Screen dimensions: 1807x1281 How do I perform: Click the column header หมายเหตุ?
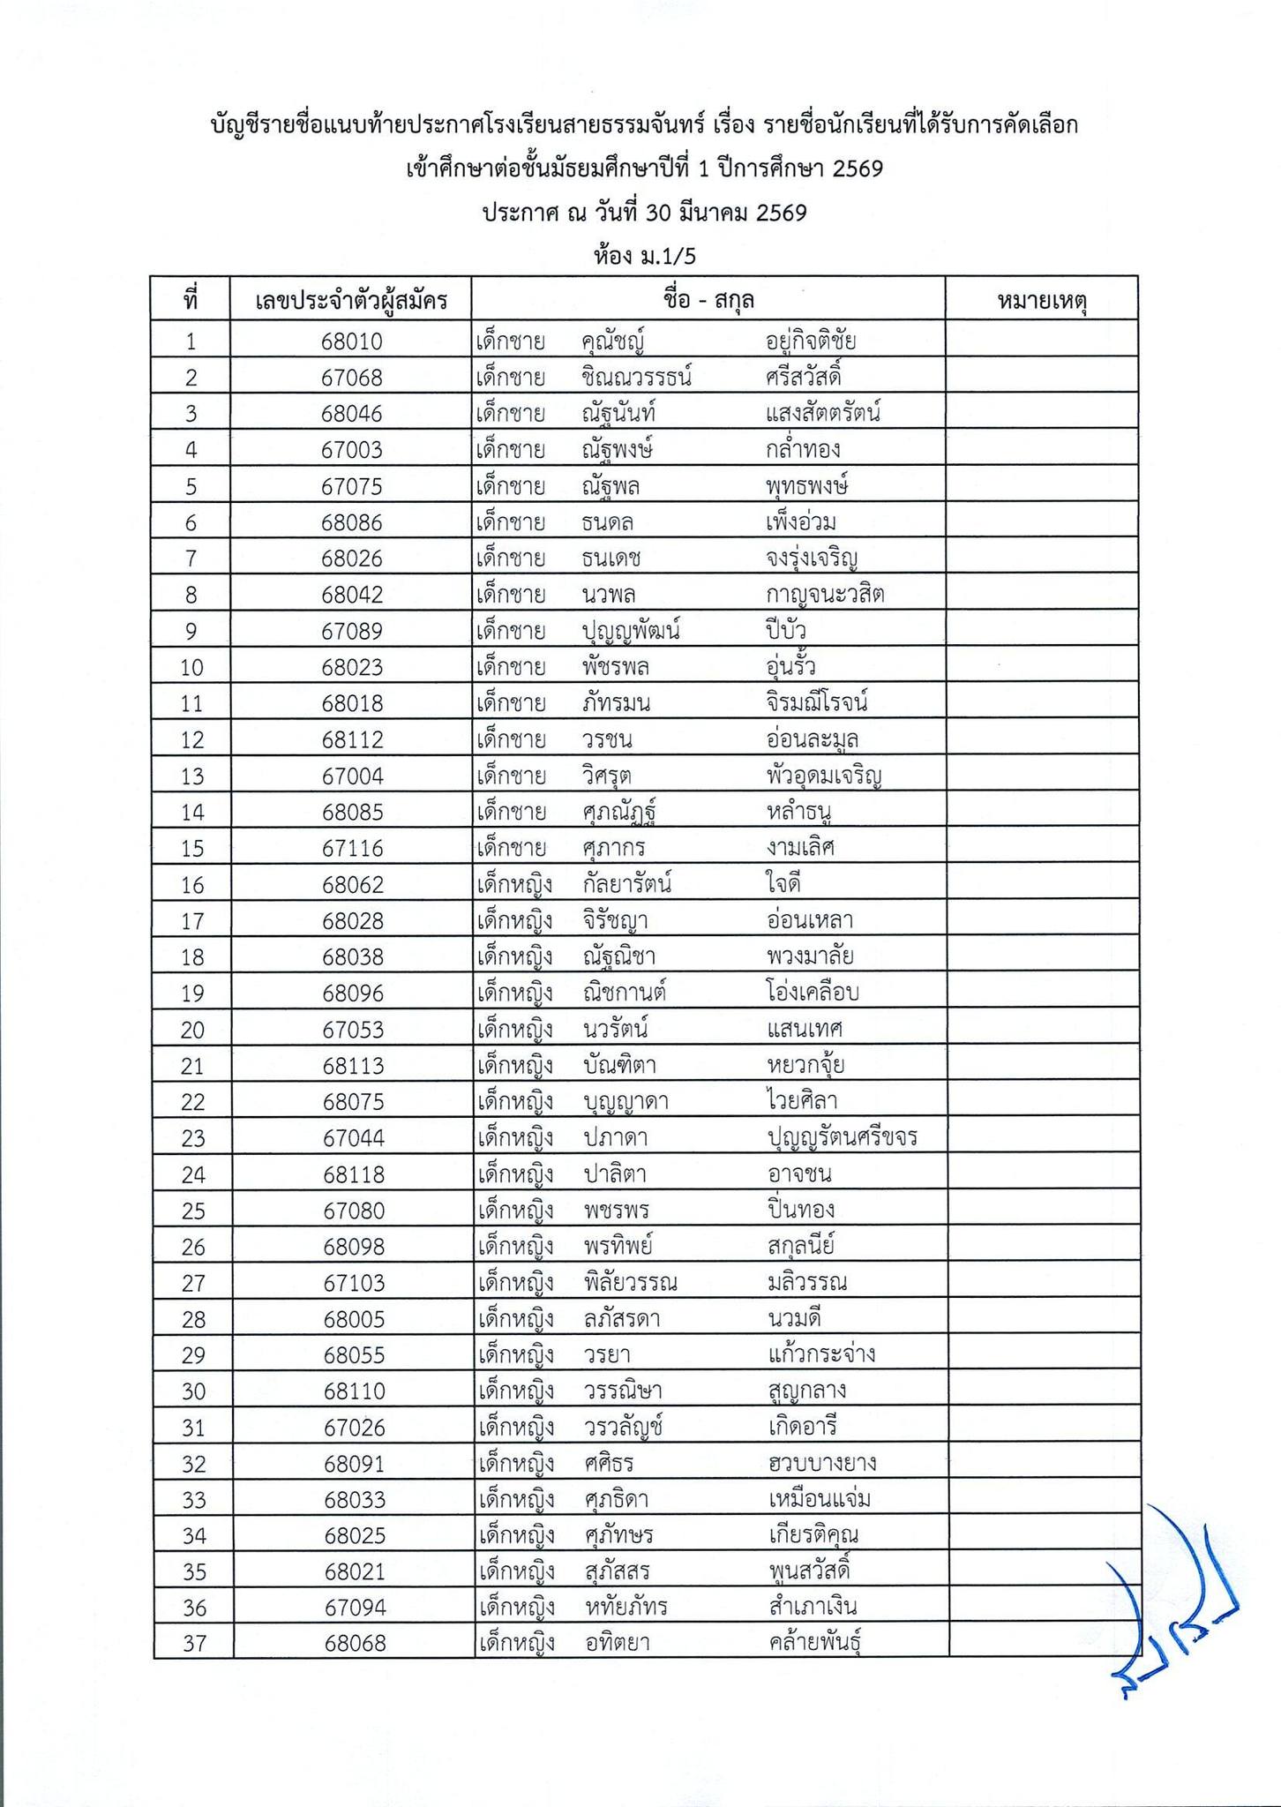(1041, 302)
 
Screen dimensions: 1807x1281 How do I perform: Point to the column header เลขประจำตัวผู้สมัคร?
(351, 302)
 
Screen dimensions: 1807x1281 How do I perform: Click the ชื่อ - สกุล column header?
(708, 300)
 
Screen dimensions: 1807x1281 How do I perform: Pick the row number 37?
(193, 1644)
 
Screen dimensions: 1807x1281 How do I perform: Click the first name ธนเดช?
(611, 559)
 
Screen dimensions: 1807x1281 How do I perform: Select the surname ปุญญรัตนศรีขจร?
(843, 1138)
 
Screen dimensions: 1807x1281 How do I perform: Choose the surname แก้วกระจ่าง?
(821, 1354)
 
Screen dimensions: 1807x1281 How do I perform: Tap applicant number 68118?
(353, 1174)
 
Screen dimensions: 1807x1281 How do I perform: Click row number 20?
(193, 1030)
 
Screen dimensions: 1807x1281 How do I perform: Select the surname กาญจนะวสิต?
(826, 595)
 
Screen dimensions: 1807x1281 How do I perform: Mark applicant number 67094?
(354, 1608)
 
